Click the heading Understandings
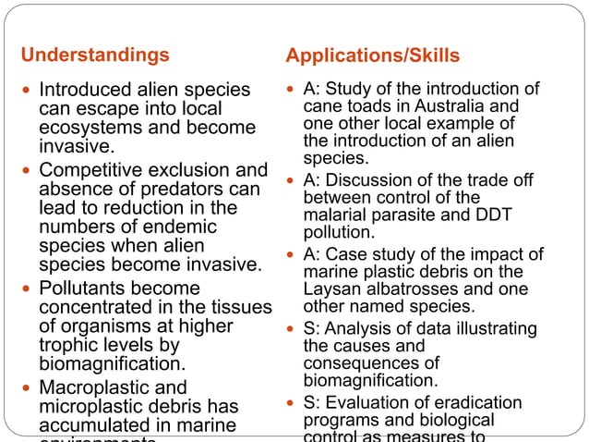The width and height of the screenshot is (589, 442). click(95, 55)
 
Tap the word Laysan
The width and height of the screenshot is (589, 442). click(331, 289)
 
